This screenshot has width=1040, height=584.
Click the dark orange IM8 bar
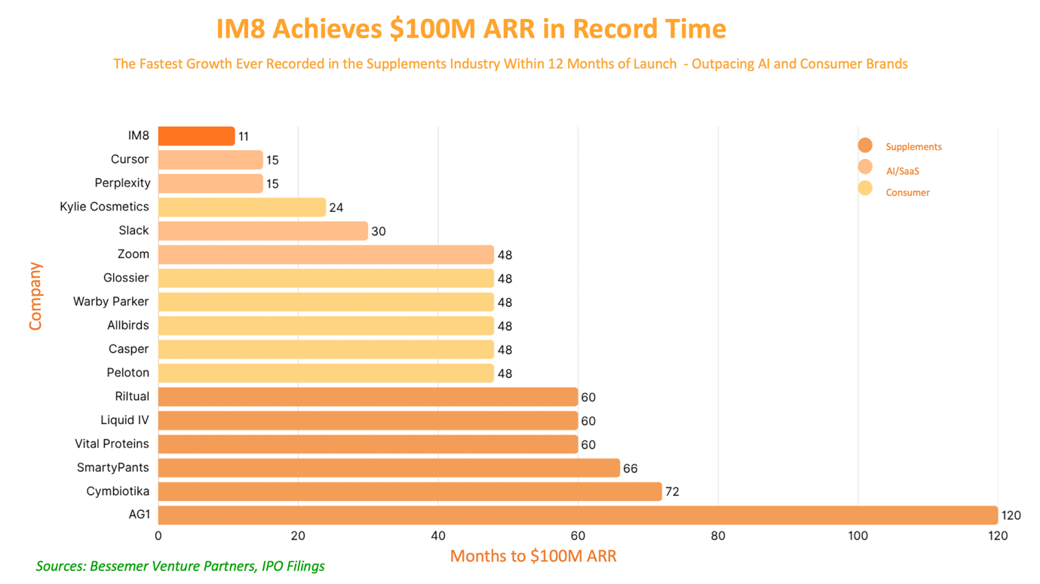click(196, 136)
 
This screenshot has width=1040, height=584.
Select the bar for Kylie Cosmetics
click(242, 207)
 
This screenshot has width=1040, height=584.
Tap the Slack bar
click(262, 231)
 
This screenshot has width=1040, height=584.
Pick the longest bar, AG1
click(578, 515)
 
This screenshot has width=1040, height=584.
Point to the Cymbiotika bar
click(410, 492)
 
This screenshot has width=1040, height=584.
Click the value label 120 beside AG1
click(1011, 516)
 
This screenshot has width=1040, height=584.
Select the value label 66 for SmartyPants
click(630, 469)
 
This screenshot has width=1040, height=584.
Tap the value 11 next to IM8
click(243, 137)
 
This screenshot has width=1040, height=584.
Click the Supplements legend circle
click(865, 146)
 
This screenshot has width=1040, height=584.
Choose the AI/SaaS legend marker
click(865, 167)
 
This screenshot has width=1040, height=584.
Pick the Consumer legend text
click(907, 192)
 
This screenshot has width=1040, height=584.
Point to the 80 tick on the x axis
click(718, 536)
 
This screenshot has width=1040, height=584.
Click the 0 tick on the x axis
click(158, 536)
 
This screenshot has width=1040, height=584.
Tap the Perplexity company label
click(122, 183)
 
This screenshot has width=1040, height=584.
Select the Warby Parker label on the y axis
click(111, 302)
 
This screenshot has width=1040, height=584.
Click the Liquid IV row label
click(124, 420)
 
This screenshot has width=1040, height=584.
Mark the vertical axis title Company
click(35, 297)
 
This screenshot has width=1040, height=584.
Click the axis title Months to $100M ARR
click(533, 557)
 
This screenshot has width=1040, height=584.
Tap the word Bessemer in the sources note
click(118, 566)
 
